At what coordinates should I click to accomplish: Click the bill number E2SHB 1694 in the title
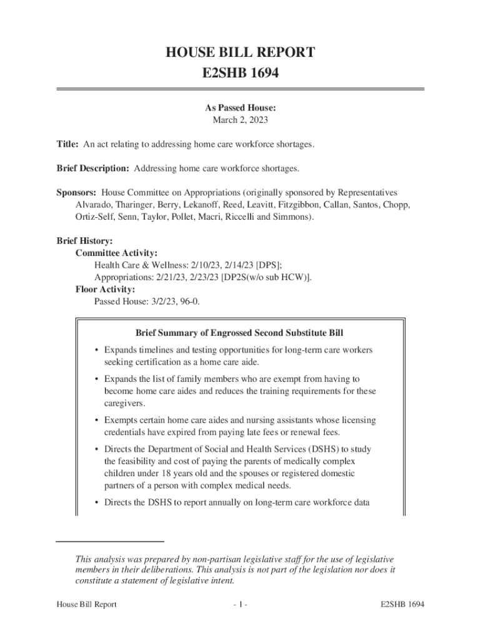241,74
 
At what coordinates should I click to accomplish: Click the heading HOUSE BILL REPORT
241,52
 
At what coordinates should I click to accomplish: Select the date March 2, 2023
241,120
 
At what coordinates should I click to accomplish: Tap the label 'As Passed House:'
241,108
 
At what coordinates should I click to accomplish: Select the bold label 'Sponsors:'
77,193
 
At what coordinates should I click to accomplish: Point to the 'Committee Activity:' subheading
116,253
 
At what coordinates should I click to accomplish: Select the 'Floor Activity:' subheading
105,289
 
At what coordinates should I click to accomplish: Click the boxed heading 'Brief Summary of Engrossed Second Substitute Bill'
239,333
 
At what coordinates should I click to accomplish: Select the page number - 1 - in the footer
241,605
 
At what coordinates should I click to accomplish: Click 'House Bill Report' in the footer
86,605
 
